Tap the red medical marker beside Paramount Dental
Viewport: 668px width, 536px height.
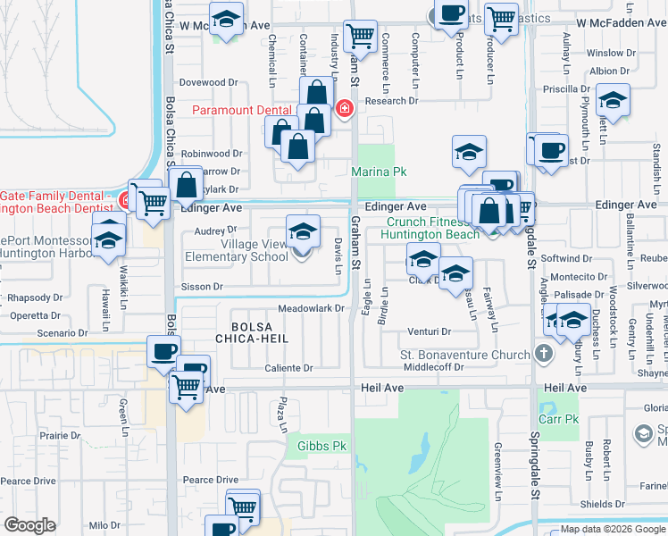pyautogui.click(x=345, y=110)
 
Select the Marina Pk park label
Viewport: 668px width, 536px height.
pyautogui.click(x=379, y=171)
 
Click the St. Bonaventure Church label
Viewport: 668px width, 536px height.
pyautogui.click(x=464, y=355)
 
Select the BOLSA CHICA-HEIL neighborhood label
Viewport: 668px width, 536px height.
pyautogui.click(x=259, y=332)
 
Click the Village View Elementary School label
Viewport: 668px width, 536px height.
pyautogui.click(x=236, y=251)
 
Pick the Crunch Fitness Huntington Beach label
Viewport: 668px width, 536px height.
pyautogui.click(x=430, y=228)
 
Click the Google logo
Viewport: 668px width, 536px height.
pyautogui.click(x=29, y=524)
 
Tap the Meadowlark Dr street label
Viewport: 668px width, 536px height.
pyautogui.click(x=311, y=309)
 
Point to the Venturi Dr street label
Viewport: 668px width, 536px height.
pyautogui.click(x=427, y=331)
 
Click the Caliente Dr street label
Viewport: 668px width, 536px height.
pyautogui.click(x=289, y=368)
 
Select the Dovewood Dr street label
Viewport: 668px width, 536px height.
pyautogui.click(x=208, y=82)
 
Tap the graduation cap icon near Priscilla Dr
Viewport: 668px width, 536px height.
pyautogui.click(x=614, y=99)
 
